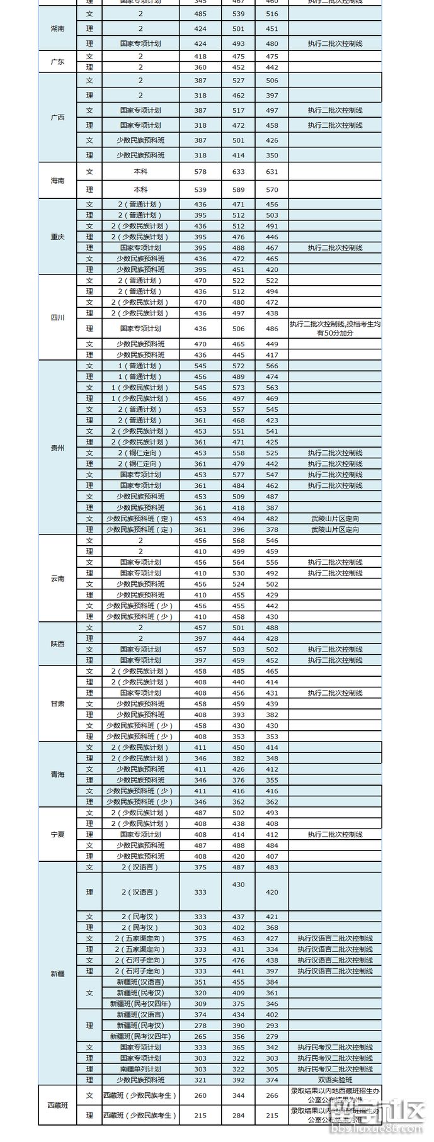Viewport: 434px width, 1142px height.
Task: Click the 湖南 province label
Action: point(57,29)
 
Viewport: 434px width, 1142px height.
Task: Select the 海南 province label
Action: point(57,181)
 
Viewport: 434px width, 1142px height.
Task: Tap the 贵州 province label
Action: point(57,448)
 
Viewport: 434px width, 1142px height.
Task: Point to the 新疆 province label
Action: point(57,973)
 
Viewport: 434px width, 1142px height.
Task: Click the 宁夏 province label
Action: point(57,834)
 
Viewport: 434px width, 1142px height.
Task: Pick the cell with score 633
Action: point(238,171)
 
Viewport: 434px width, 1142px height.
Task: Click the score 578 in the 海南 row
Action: point(200,171)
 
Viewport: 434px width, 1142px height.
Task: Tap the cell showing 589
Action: point(238,189)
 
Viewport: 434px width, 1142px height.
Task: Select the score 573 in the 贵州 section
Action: point(238,388)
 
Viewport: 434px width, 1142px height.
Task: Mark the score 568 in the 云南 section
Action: point(238,540)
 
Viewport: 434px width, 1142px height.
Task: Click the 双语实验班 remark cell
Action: point(335,1080)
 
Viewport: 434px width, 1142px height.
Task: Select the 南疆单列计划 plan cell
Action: point(140,1069)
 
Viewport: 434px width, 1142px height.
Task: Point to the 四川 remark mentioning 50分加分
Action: point(335,328)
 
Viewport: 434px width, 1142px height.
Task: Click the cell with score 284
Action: point(238,1116)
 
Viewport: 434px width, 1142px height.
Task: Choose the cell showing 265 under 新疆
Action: point(200,1036)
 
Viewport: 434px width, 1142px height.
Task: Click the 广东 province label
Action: point(57,62)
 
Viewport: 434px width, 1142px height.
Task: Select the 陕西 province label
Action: point(57,644)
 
